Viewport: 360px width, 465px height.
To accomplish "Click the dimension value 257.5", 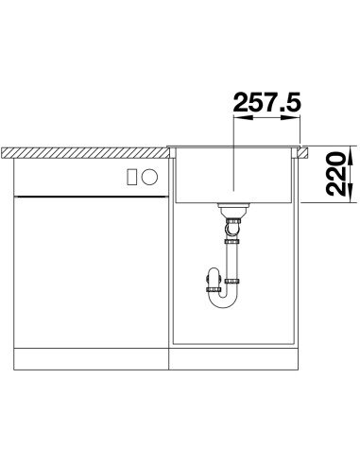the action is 266,102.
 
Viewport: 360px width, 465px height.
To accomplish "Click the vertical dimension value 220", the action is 334,173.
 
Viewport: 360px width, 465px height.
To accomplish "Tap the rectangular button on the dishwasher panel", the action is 131,177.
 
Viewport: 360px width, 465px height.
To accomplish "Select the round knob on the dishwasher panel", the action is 149,177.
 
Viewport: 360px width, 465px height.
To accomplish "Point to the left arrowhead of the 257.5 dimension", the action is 243,117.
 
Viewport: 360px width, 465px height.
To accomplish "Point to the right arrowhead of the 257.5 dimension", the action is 291,117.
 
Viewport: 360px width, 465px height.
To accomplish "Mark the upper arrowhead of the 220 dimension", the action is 351,156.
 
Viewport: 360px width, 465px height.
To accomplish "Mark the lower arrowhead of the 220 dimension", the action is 351,193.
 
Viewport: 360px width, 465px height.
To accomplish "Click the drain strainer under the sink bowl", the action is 233,210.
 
